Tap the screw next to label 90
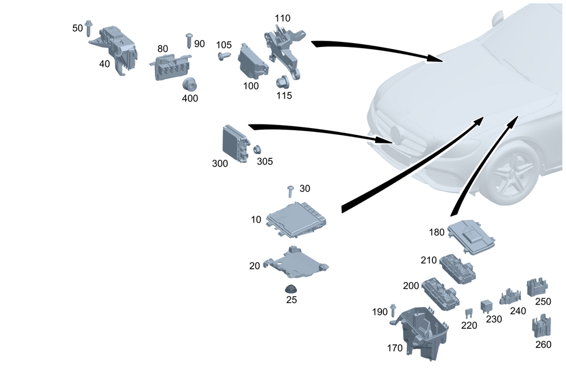[x=188, y=40]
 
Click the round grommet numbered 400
[x=188, y=84]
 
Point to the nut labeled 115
[x=281, y=82]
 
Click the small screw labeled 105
[x=224, y=55]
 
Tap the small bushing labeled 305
[x=256, y=149]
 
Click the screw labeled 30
[x=291, y=190]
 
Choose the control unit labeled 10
[x=297, y=218]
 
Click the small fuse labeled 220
[x=469, y=313]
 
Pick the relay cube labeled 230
[x=486, y=306]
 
